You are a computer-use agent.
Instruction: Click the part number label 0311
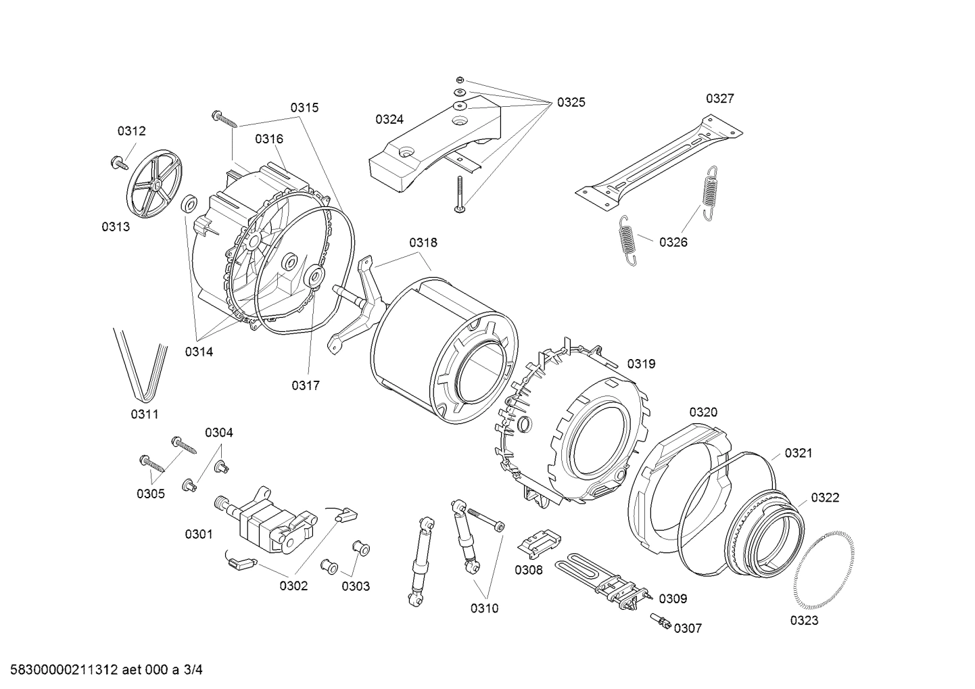click(145, 414)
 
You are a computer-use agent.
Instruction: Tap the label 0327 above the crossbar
click(719, 99)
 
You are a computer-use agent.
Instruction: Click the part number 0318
click(423, 243)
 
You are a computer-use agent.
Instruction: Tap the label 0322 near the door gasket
click(825, 498)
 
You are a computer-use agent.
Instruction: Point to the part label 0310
click(484, 609)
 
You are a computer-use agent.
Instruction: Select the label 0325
click(571, 103)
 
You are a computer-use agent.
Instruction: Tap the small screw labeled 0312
click(121, 162)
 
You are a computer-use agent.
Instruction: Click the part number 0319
click(641, 364)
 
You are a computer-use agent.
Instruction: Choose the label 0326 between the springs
click(673, 242)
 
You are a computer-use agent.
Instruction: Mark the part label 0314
click(199, 352)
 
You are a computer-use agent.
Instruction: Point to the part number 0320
click(703, 412)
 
